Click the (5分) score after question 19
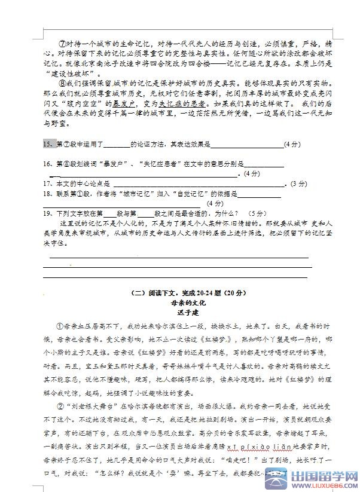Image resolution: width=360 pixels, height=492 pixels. [258, 213]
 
